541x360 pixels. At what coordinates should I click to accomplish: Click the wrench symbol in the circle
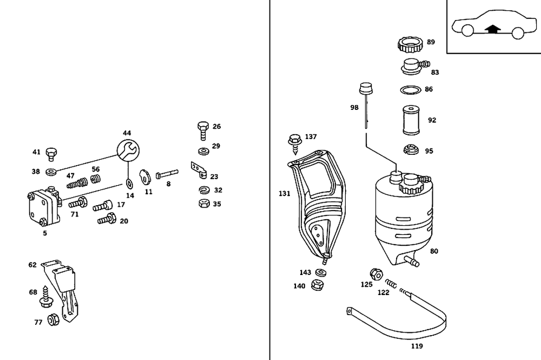pyautogui.click(x=128, y=150)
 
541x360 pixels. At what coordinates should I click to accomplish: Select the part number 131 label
pyautogui.click(x=285, y=194)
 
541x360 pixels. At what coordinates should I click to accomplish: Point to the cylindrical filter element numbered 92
pyautogui.click(x=411, y=120)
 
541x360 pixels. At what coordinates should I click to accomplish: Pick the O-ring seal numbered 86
pyautogui.click(x=411, y=90)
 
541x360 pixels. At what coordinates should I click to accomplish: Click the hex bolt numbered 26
pyautogui.click(x=203, y=130)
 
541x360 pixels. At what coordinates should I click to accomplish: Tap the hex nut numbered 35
pyautogui.click(x=204, y=204)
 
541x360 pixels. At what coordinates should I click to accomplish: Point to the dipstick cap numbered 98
pyautogui.click(x=366, y=88)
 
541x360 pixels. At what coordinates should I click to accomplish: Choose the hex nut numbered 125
pyautogui.click(x=376, y=274)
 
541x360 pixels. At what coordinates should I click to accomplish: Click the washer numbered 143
pyautogui.click(x=321, y=272)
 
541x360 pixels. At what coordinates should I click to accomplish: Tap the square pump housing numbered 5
pyautogui.click(x=44, y=208)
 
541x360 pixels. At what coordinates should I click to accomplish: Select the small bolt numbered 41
pyautogui.click(x=51, y=154)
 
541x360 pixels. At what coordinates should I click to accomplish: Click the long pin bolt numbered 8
pyautogui.click(x=167, y=174)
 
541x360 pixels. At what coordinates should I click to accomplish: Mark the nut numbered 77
pyautogui.click(x=53, y=319)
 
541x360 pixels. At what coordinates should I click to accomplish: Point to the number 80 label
pyautogui.click(x=434, y=251)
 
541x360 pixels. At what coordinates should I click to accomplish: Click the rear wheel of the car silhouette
pyautogui.click(x=517, y=33)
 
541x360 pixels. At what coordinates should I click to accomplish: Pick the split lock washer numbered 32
pyautogui.click(x=204, y=189)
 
